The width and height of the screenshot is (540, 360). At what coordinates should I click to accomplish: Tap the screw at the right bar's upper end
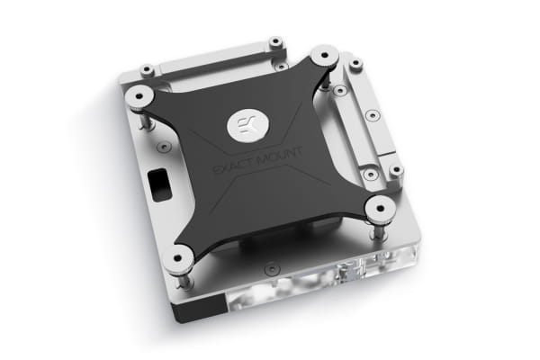pyautogui.click(x=356, y=64)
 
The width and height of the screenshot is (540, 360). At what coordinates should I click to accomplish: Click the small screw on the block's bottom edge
pyautogui.click(x=272, y=266)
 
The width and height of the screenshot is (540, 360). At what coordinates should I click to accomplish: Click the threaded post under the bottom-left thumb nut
pyautogui.click(x=184, y=280)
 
